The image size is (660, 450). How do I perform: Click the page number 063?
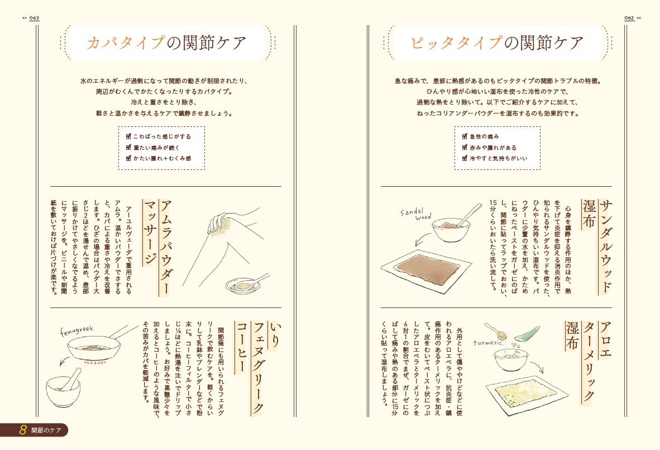34,18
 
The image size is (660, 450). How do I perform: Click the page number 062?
629,18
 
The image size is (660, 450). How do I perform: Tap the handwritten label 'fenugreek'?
76,331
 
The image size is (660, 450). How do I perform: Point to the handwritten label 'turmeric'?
488,343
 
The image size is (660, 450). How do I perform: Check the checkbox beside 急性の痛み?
465,136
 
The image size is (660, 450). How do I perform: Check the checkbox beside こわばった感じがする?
129,136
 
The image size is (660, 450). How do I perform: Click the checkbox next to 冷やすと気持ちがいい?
465,158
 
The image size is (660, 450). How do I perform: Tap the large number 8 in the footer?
23,430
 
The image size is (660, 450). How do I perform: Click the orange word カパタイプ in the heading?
125,43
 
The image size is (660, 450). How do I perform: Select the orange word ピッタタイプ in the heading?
456,43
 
